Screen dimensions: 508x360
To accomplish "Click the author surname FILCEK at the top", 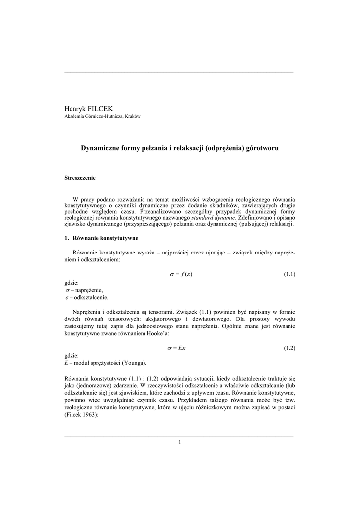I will click(x=100, y=108).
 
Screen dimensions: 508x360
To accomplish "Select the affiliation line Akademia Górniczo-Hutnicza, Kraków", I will click(x=102, y=116).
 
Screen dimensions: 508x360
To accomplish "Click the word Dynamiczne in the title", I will click(x=100, y=148).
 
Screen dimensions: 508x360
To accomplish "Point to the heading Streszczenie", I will click(x=80, y=178).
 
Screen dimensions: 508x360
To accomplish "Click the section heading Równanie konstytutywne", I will click(x=105, y=239).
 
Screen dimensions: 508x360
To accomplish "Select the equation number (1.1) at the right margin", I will click(x=289, y=274).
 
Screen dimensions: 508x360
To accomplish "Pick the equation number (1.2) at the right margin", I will click(x=289, y=348).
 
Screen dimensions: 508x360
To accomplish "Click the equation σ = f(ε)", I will click(x=181, y=274).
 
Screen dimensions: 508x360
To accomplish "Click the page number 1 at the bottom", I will click(x=180, y=442).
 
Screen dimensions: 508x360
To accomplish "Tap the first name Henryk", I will click(x=75, y=108).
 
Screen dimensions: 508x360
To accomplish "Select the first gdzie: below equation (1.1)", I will click(x=72, y=282).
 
